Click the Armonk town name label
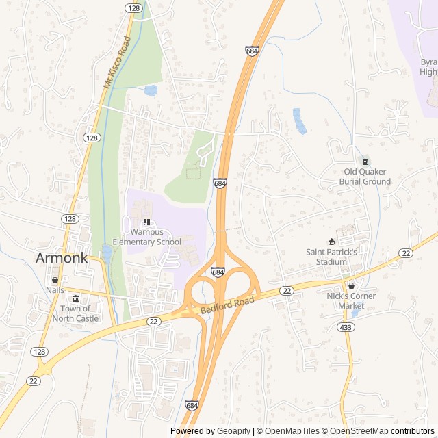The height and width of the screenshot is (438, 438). [62, 259]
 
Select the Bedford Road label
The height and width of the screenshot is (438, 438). [227, 306]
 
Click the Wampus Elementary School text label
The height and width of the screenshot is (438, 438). [146, 237]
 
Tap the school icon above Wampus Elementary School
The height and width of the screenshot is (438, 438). [146, 222]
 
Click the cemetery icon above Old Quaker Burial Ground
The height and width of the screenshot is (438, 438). [365, 162]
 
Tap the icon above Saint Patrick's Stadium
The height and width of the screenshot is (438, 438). [332, 241]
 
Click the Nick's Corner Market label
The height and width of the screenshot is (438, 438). [350, 300]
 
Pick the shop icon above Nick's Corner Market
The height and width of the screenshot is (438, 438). [351, 285]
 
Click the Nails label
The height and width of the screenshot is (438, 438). [55, 290]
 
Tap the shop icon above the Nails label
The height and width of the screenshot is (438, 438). [55, 280]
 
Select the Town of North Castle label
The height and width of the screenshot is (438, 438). [75, 313]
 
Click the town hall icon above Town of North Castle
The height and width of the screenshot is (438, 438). [75, 298]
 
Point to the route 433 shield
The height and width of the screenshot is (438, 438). [346, 327]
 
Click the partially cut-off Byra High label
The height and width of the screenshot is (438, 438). [428, 66]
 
